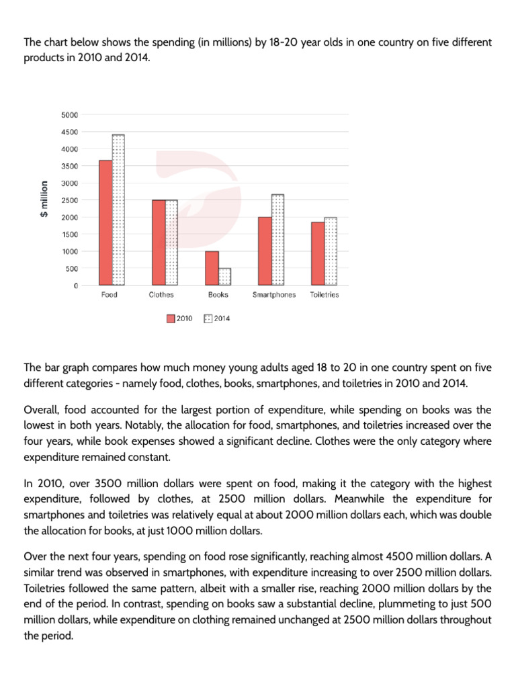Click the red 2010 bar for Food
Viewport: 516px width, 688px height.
[x=105, y=222]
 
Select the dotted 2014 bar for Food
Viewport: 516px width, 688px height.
[x=118, y=210]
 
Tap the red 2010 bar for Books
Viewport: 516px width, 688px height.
[x=212, y=268]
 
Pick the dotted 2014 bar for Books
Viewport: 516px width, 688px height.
[x=224, y=277]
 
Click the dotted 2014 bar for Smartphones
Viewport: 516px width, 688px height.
[x=278, y=240]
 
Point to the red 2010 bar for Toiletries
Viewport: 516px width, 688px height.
[x=318, y=253]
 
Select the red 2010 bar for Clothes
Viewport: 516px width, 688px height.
[x=159, y=243]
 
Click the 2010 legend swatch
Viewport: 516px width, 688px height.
[x=171, y=318]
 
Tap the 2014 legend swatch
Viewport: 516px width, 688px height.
[x=208, y=318]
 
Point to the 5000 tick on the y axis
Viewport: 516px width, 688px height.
[x=70, y=115]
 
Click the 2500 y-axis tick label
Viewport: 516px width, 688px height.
[x=70, y=200]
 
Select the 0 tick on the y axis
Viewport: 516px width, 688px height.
[x=75, y=286]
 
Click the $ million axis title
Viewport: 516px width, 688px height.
[x=44, y=200]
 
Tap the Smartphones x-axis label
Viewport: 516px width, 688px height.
[x=273, y=295]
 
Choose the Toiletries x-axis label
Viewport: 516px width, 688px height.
[x=324, y=295]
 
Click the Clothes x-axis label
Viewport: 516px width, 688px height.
[x=161, y=295]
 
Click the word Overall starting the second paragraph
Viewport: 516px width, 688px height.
[x=42, y=409]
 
